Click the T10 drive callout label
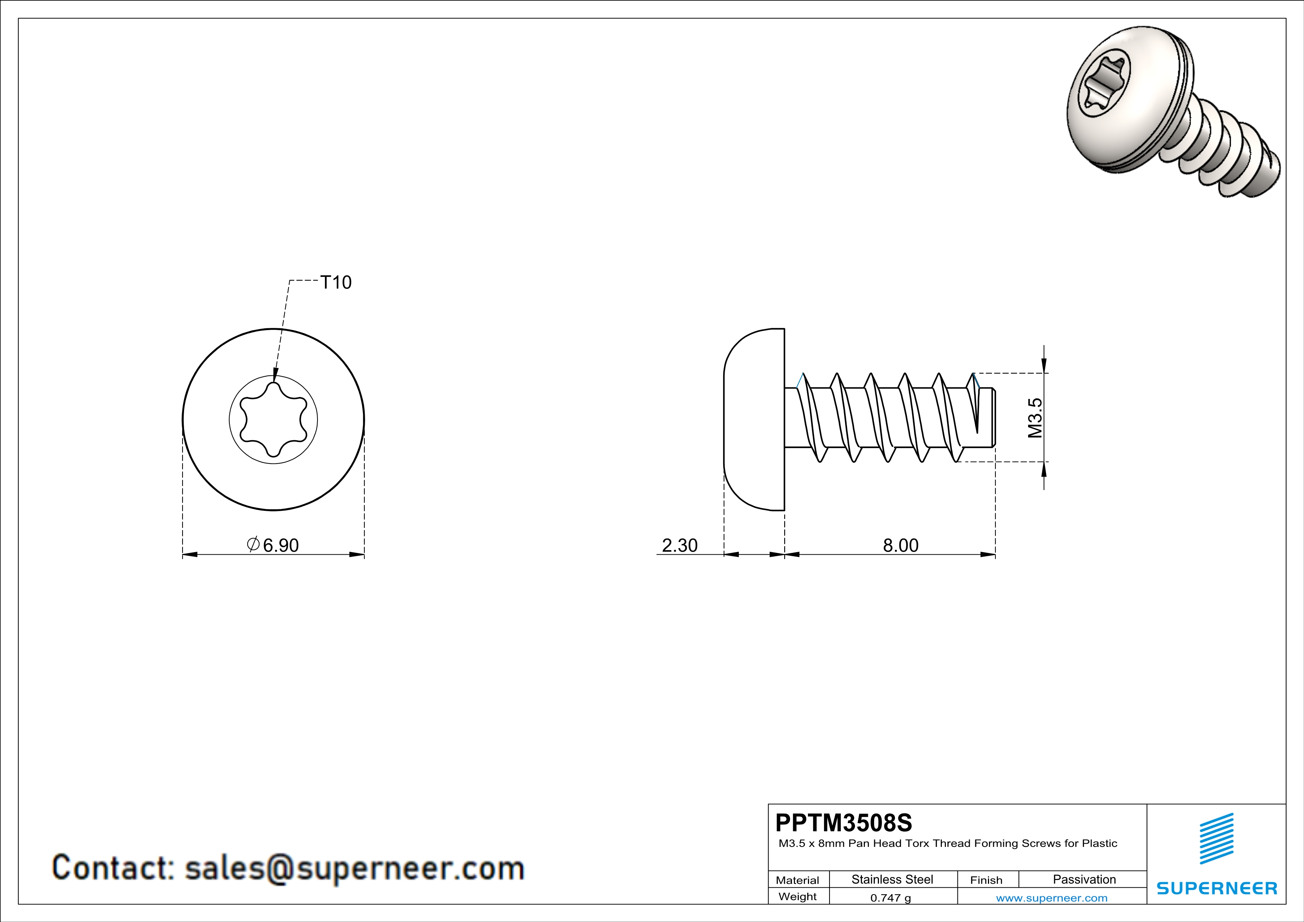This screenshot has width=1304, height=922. (336, 282)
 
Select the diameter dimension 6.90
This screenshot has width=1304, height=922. (273, 545)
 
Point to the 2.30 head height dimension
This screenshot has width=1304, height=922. (680, 545)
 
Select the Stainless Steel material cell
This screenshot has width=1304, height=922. (892, 879)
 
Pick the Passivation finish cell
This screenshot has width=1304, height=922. (1084, 879)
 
